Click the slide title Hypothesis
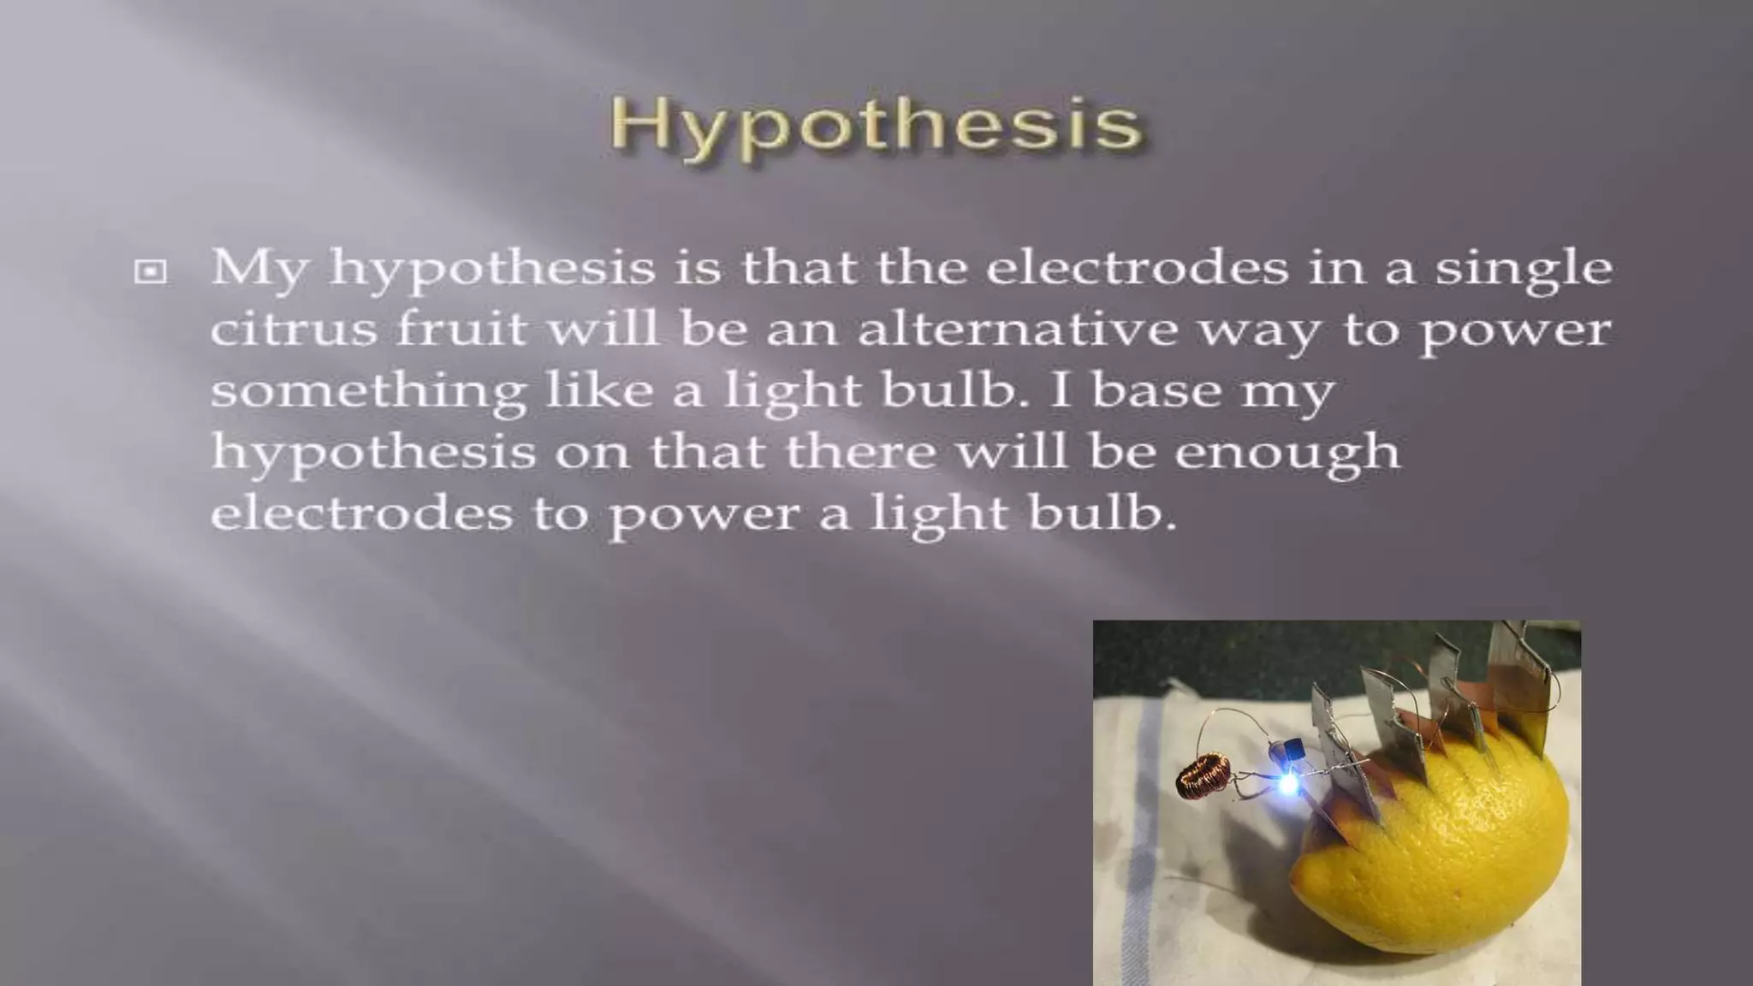[x=876, y=126]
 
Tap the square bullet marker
[x=151, y=272]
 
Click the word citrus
[x=294, y=330]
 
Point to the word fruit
[x=461, y=330]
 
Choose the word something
[x=368, y=392]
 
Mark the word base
[x=1156, y=390]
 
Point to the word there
[x=860, y=452]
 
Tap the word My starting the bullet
[x=258, y=269]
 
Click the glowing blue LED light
[x=1288, y=783]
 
